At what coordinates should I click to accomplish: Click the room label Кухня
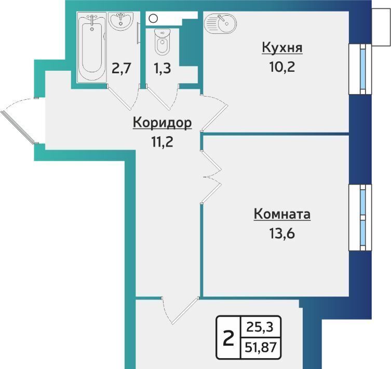point(282,48)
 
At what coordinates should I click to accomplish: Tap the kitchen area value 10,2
point(282,67)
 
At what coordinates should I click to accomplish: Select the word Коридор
point(163,123)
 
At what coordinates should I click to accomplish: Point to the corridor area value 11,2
point(162,142)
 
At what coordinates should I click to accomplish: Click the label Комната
point(282,214)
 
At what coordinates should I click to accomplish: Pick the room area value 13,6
point(282,233)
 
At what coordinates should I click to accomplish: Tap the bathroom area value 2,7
point(121,68)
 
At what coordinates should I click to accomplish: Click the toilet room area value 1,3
point(163,69)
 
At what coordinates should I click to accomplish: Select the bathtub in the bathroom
point(92,47)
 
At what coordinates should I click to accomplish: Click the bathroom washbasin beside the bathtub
point(121,21)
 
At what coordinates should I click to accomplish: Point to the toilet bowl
point(163,42)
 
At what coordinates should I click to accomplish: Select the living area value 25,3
point(260,326)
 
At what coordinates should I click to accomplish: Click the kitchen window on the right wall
point(360,69)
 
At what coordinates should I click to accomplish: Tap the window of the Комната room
point(360,217)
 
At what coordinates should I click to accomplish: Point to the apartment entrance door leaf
point(17,127)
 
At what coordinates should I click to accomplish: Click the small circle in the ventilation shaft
point(153,18)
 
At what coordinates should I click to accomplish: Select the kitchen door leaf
point(214,117)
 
